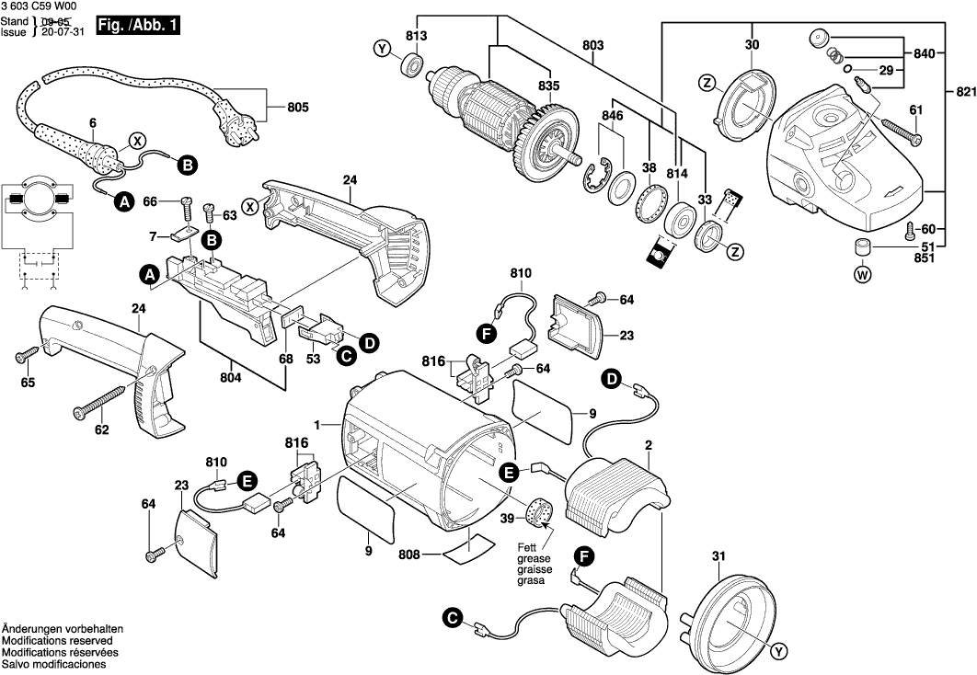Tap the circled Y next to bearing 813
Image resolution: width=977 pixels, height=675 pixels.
(x=381, y=49)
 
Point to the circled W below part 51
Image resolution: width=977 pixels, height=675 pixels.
(x=862, y=273)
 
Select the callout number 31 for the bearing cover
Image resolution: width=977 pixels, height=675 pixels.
(x=719, y=555)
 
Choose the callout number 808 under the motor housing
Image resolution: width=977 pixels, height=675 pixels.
(x=409, y=555)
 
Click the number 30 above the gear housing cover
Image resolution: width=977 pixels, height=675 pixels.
(x=752, y=44)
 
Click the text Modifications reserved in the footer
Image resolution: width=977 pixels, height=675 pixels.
(x=57, y=640)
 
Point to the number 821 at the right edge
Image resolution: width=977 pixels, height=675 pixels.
(x=963, y=92)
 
